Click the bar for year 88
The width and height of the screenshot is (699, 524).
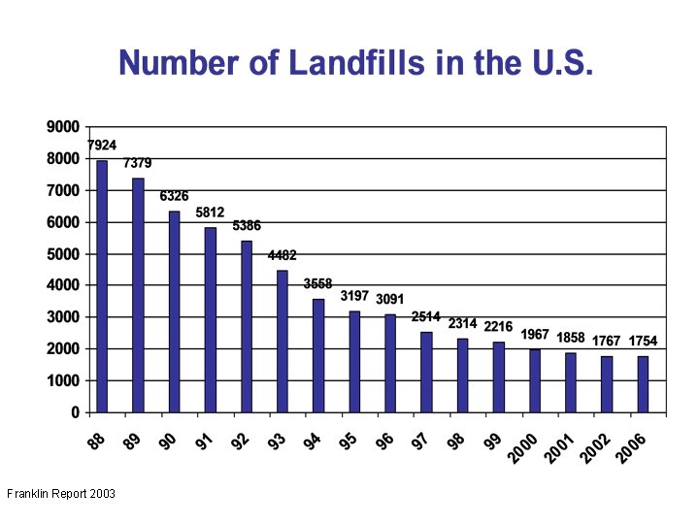pos(102,286)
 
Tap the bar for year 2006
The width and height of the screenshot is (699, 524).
pos(643,384)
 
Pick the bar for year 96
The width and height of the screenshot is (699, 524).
pos(390,363)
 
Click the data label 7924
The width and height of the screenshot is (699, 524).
pos(102,146)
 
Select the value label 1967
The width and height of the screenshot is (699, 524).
pos(535,335)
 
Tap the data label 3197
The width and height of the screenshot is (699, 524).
pos(354,296)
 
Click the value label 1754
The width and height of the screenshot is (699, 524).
pos(643,341)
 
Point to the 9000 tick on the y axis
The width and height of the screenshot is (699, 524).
pos(63,127)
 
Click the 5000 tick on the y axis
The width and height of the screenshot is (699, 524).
pos(63,254)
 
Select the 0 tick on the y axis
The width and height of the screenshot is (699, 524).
pos(75,412)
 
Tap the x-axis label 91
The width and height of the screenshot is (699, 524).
pos(204,442)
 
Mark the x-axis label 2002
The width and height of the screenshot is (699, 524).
pos(596,448)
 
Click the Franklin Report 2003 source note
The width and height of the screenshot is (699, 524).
pos(61,494)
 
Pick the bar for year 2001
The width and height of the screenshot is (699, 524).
pos(571,382)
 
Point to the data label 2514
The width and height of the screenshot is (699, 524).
pos(426,317)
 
